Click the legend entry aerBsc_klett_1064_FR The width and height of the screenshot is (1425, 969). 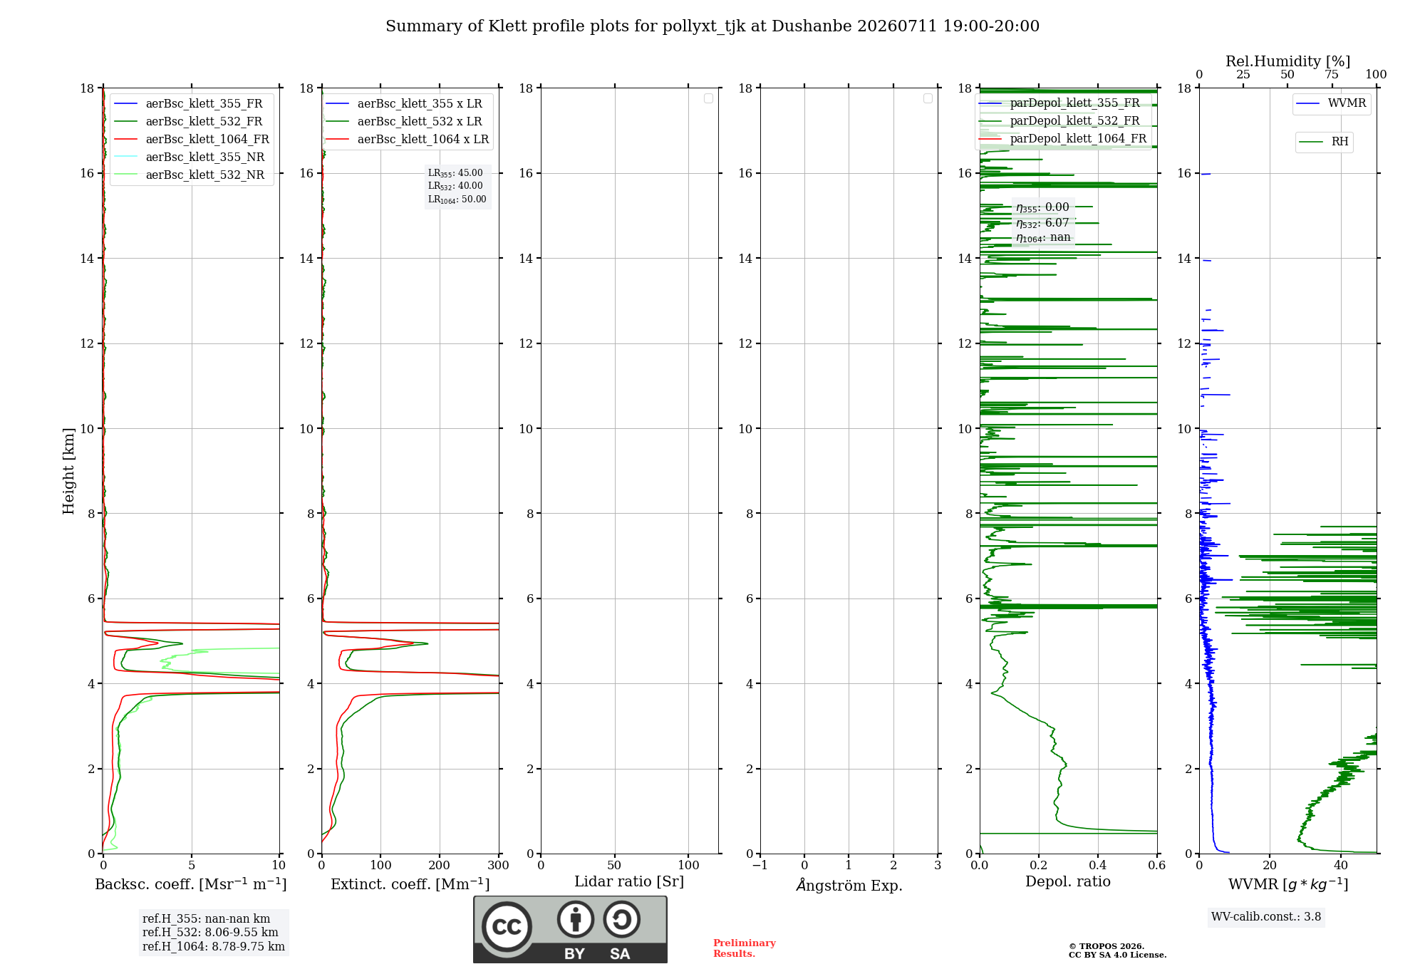(x=191, y=139)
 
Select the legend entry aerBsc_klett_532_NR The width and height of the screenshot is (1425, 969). (x=189, y=175)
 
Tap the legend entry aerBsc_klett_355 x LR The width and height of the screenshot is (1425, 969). (x=404, y=103)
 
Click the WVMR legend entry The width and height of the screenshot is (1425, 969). (x=1331, y=103)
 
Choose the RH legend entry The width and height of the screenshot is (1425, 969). (x=1324, y=142)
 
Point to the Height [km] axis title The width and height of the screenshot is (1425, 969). (x=68, y=471)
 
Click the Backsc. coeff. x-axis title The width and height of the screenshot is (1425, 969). (x=191, y=884)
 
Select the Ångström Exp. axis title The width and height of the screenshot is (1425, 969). (x=849, y=885)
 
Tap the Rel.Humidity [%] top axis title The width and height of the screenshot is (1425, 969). (x=1288, y=61)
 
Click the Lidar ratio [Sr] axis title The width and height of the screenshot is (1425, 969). (x=629, y=882)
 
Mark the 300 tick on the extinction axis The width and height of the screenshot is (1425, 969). (x=499, y=865)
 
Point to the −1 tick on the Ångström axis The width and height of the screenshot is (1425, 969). (x=760, y=865)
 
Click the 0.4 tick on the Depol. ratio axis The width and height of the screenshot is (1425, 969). (x=1098, y=865)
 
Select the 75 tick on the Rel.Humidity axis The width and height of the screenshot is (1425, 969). (x=1331, y=74)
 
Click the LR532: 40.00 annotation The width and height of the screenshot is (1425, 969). (x=455, y=186)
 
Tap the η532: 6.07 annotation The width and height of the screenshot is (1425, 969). (x=1042, y=223)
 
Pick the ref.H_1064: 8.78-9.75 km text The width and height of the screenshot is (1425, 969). (x=214, y=946)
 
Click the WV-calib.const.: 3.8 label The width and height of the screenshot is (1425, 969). (x=1266, y=916)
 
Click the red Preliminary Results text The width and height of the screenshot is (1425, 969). (x=745, y=948)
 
